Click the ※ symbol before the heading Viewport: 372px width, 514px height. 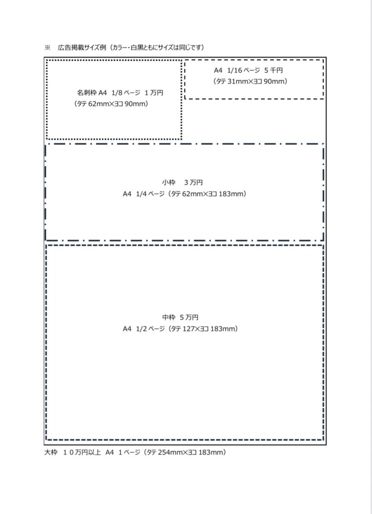tap(48, 47)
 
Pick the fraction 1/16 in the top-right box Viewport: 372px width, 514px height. tap(234, 71)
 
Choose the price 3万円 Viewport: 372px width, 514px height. tap(194, 182)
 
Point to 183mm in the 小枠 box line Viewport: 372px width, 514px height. tap(232, 194)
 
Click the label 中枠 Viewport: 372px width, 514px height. tap(168, 317)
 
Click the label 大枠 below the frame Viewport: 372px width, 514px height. tap(51, 452)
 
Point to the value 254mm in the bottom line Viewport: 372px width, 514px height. tap(168, 452)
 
